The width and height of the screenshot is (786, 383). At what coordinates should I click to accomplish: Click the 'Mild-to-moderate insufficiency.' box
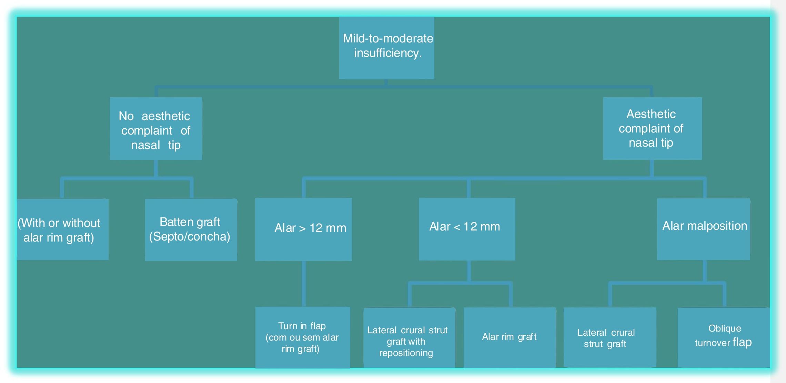pyautogui.click(x=386, y=48)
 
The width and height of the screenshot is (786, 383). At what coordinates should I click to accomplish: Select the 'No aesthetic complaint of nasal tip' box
pyautogui.click(x=156, y=128)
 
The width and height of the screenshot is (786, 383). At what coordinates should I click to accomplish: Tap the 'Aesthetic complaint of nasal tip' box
pyautogui.click(x=652, y=128)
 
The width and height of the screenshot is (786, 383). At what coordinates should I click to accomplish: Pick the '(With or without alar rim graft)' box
pyautogui.click(x=62, y=229)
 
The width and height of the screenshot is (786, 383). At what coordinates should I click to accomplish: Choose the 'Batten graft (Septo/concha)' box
pyautogui.click(x=191, y=229)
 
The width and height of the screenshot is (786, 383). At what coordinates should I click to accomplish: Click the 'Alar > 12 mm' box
pyautogui.click(x=303, y=229)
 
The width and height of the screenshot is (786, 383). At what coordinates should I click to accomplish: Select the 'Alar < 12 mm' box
pyautogui.click(x=467, y=229)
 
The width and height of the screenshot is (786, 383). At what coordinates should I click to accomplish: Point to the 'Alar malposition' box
pyautogui.click(x=703, y=229)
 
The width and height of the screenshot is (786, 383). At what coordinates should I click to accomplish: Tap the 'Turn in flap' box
pyautogui.click(x=303, y=337)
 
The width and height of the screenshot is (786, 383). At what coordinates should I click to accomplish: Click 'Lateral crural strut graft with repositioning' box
pyautogui.click(x=409, y=338)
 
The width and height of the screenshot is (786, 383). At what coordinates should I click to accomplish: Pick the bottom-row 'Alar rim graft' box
pyautogui.click(x=510, y=337)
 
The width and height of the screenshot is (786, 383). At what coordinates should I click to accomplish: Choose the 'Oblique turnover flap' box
pyautogui.click(x=724, y=337)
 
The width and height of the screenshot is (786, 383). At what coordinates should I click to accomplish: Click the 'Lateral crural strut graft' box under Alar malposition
pyautogui.click(x=609, y=337)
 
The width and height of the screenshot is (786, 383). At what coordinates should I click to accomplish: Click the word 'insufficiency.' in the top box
pyautogui.click(x=388, y=53)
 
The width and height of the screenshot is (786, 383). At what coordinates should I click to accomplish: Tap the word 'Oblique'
pyautogui.click(x=724, y=328)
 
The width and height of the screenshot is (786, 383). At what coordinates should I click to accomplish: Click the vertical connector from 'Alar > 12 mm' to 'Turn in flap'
pyautogui.click(x=304, y=283)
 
